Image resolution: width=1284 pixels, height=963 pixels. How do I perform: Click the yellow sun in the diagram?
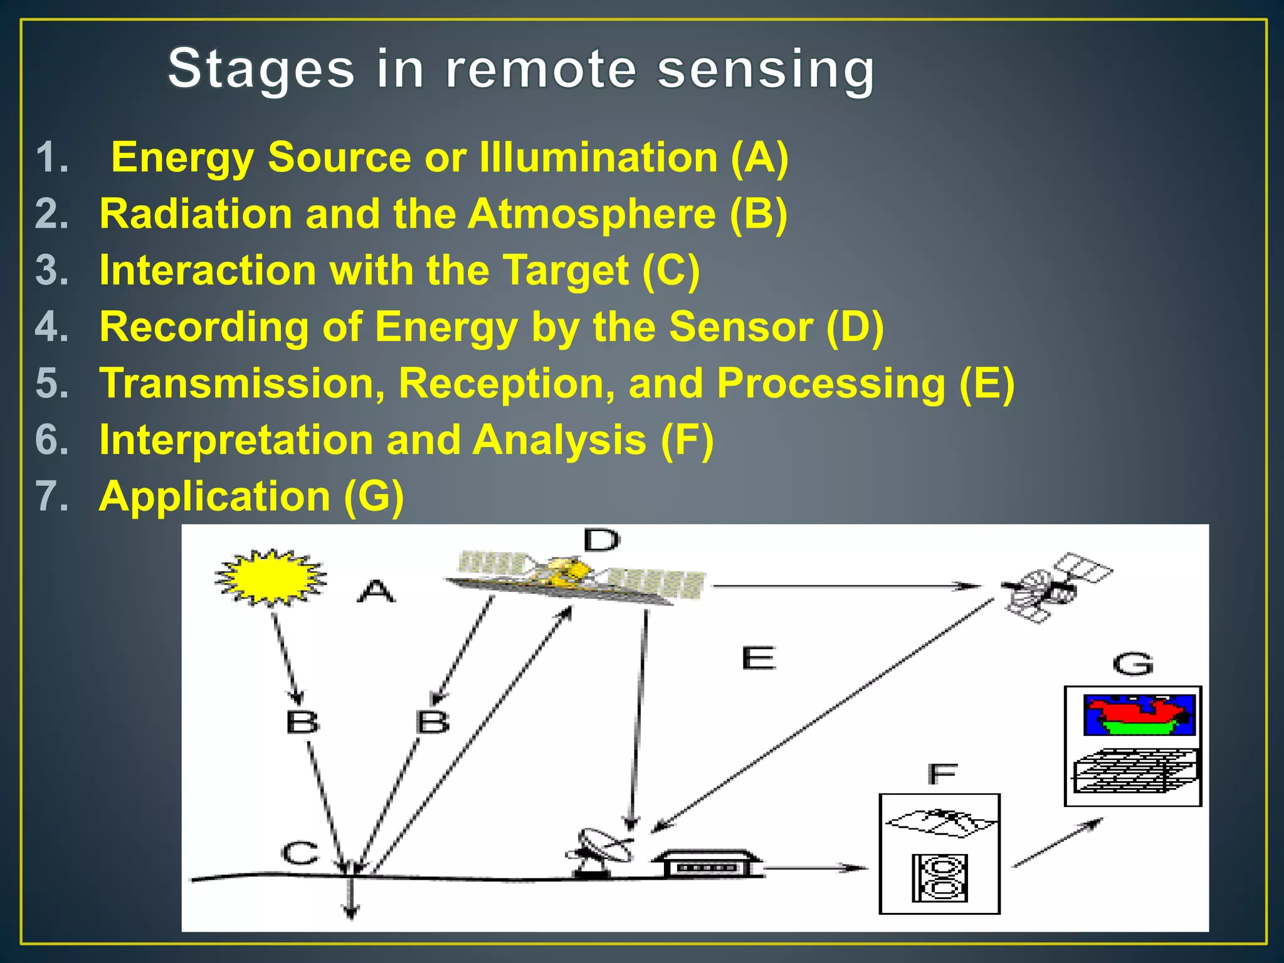270,577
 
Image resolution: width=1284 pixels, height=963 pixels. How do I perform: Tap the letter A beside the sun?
376,591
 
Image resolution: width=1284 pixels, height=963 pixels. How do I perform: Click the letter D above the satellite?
601,540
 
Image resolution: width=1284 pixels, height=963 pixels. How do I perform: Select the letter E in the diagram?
759,658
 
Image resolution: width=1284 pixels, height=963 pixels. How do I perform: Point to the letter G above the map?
1133,664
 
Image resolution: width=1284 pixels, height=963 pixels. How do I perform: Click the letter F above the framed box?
942,774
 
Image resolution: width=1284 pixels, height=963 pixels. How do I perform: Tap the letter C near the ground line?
300,853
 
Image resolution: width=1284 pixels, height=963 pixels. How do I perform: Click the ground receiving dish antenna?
601,851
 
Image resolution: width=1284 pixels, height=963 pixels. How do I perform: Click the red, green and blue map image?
1139,715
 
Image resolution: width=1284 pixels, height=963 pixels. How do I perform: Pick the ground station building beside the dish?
707,865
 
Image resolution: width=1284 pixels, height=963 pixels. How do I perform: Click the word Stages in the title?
261,69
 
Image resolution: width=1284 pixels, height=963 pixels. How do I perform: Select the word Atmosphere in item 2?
591,214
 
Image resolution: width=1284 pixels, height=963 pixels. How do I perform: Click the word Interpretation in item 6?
236,440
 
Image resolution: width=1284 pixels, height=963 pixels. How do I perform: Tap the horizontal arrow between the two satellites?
846,586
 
